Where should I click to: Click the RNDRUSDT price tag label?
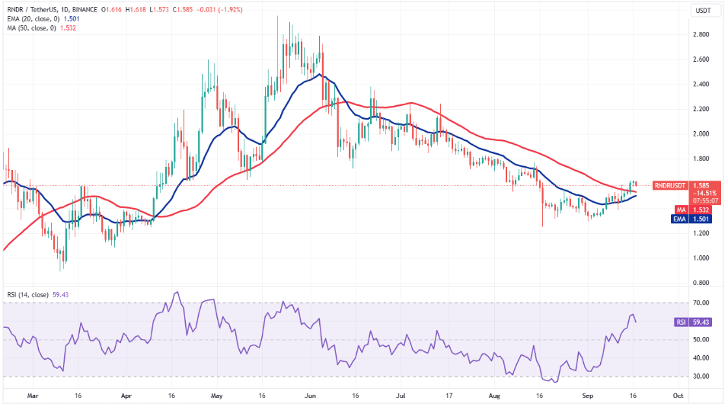pos(669,185)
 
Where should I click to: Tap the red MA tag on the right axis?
pos(681,210)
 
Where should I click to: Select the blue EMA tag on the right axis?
pos(679,219)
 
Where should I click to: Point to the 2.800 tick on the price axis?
pos(701,34)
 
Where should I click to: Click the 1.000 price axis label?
pos(701,258)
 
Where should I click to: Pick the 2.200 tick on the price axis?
pos(701,109)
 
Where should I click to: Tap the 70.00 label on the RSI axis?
pos(701,303)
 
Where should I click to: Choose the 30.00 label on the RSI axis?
pos(701,377)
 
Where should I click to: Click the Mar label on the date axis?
pos(33,396)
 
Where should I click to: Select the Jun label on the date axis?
pos(310,396)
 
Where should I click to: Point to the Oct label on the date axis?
pos(678,396)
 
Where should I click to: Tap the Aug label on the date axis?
pos(494,396)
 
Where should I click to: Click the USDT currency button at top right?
pos(703,10)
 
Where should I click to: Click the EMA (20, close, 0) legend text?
pos(34,18)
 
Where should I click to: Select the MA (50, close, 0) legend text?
pos(31,28)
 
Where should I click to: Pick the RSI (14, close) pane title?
pos(27,294)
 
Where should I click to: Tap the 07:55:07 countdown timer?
pos(705,200)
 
